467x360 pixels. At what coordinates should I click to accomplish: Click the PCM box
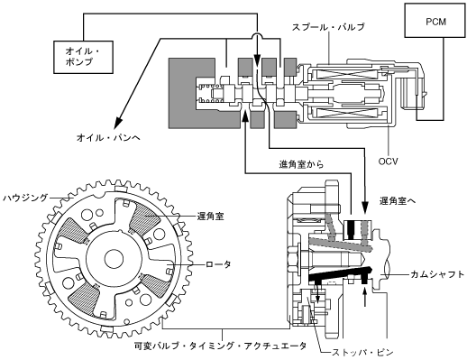point(435,20)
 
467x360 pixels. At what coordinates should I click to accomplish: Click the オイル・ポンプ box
point(83,57)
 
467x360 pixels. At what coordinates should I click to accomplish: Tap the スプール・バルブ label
point(328,27)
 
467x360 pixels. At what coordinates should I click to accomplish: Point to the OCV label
point(388,162)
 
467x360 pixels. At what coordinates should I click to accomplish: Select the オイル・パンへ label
point(108,138)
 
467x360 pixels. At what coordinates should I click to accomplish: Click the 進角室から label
point(301,164)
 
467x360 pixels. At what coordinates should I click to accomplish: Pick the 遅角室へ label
point(398,201)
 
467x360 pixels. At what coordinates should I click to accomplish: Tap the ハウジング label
point(25,198)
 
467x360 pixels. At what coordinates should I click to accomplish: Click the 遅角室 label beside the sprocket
point(210,217)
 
